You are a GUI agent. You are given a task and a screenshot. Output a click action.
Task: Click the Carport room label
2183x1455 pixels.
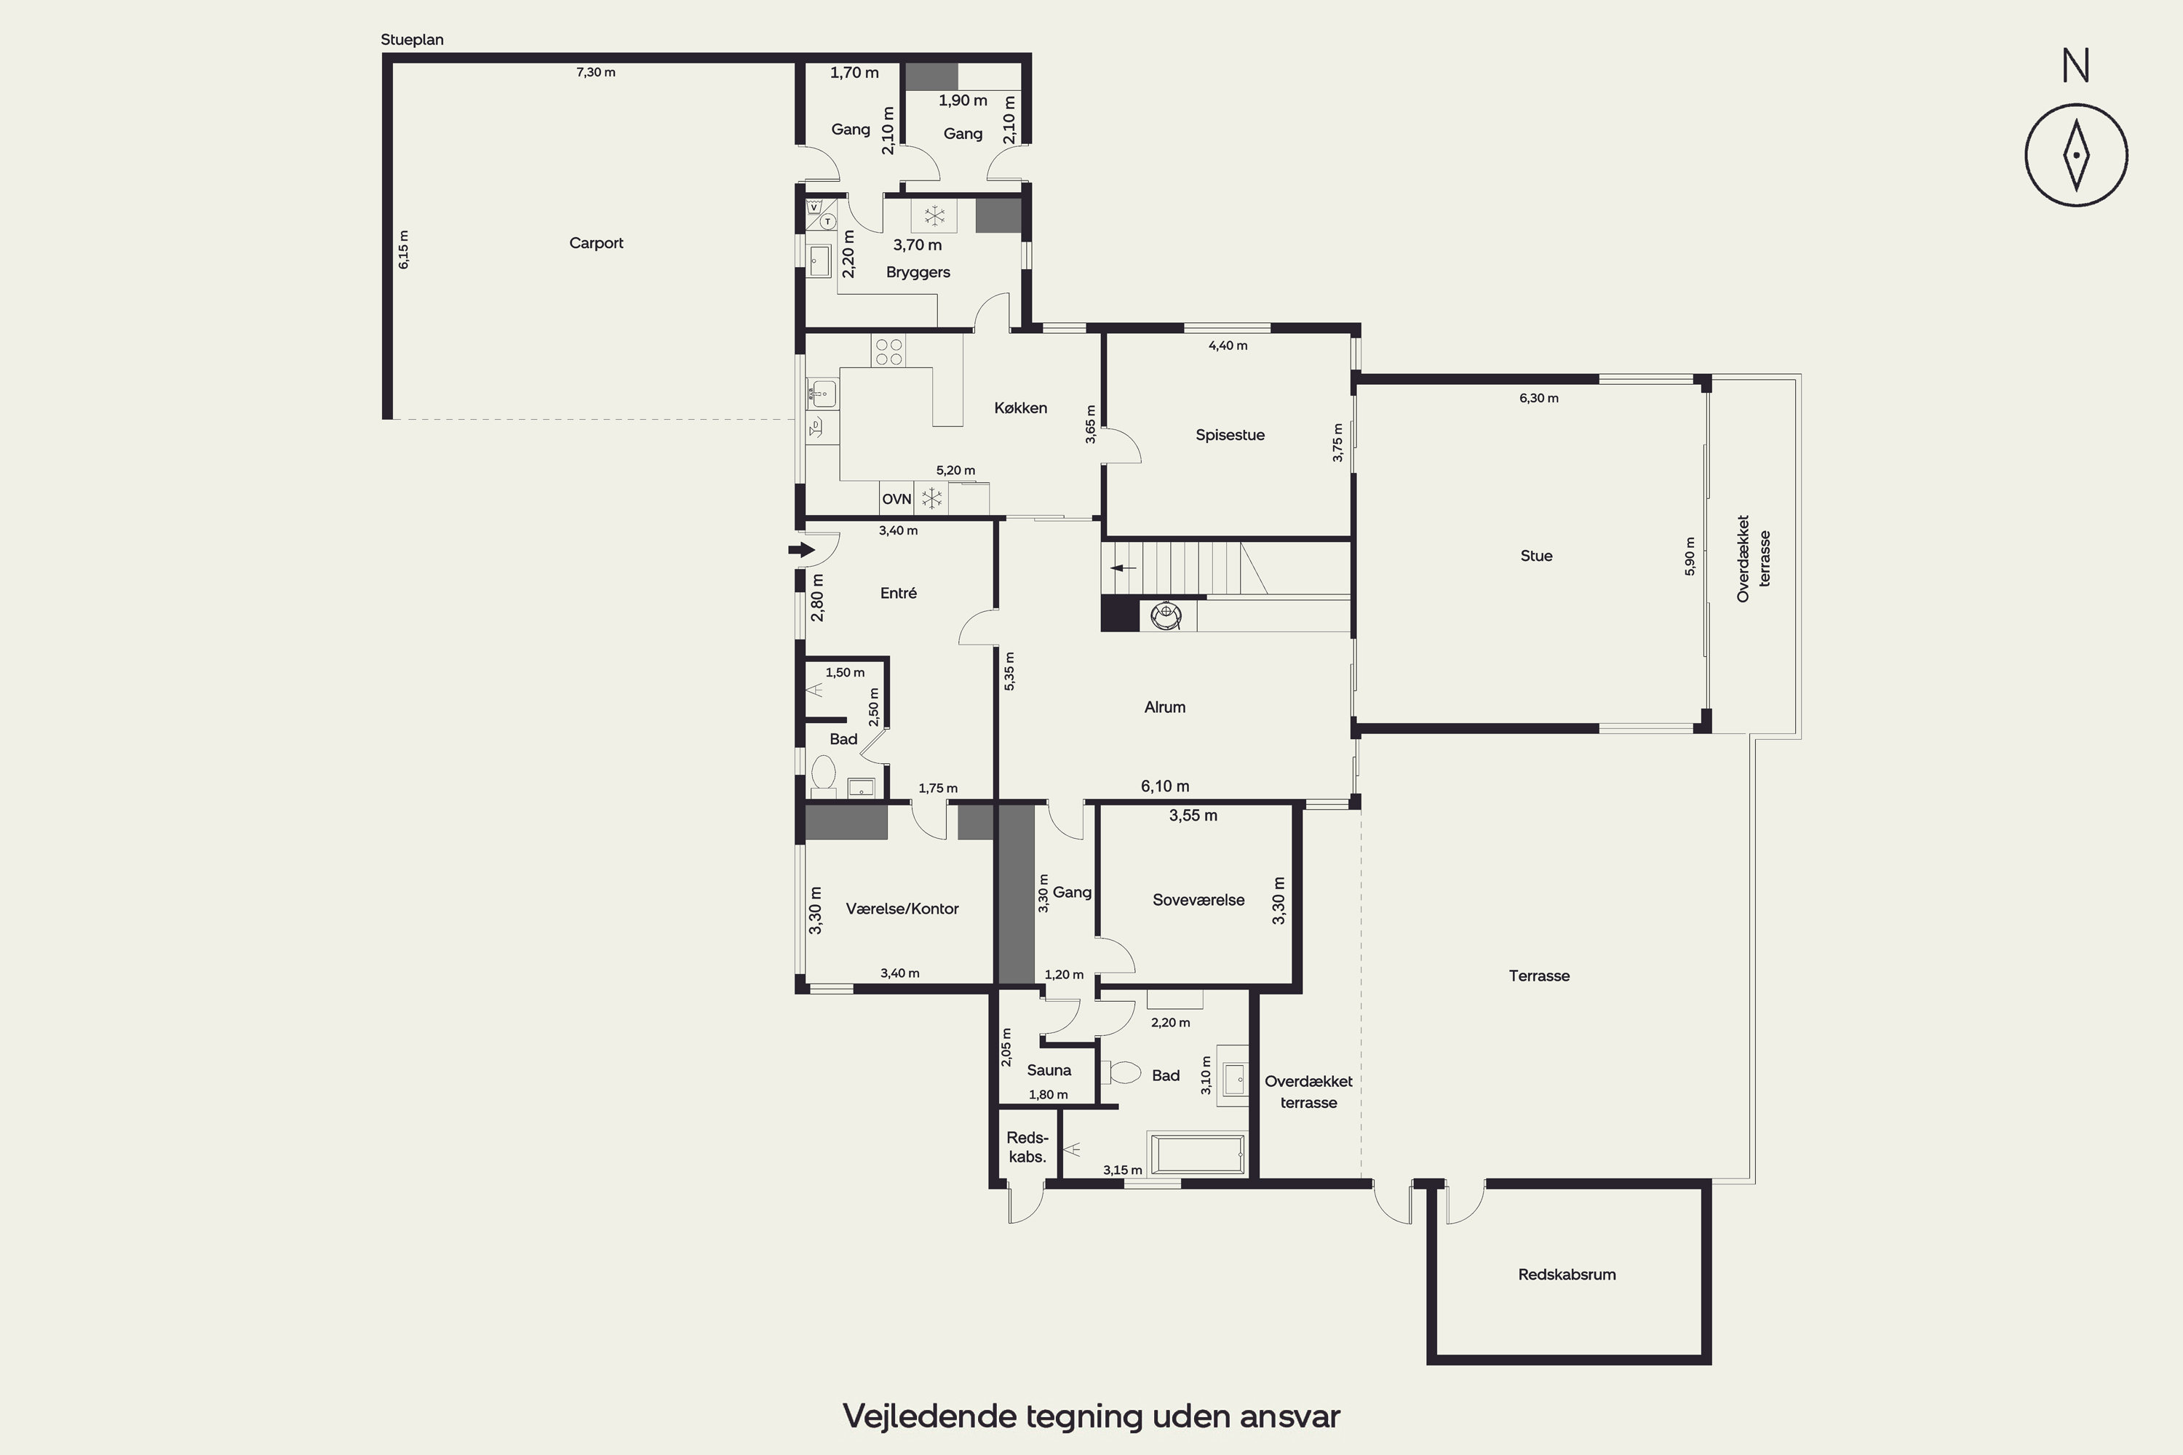coord(596,243)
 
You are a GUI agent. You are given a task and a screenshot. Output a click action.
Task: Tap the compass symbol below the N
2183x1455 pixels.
coord(2076,155)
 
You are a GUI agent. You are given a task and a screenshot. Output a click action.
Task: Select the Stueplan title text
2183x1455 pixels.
coord(412,40)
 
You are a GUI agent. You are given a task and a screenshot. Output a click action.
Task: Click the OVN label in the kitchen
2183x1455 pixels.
coord(896,499)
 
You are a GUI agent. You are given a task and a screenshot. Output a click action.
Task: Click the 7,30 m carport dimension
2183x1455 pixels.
coord(596,72)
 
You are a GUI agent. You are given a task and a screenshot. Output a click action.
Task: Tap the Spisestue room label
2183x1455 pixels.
coord(1230,435)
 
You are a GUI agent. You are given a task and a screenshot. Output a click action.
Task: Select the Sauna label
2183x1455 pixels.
coord(1049,1070)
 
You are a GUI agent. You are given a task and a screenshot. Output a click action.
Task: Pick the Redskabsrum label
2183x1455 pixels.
coord(1567,1275)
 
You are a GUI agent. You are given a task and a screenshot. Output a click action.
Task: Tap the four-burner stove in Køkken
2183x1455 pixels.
coord(888,351)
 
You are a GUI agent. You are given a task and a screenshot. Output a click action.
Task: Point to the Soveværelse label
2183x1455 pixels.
coord(1198,900)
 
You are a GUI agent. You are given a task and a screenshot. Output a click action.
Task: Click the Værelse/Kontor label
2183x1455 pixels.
coord(902,909)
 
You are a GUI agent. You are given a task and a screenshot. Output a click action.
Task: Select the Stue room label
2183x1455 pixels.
coord(1536,556)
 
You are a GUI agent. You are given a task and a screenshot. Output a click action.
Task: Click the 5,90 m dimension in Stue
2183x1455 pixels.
coord(1689,557)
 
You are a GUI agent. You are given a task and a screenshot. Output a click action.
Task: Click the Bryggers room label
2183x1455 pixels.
coord(918,273)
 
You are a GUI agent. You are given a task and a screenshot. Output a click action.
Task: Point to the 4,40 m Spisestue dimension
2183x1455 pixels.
coord(1228,346)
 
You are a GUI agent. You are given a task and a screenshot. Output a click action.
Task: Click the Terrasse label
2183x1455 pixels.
coord(1539,976)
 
